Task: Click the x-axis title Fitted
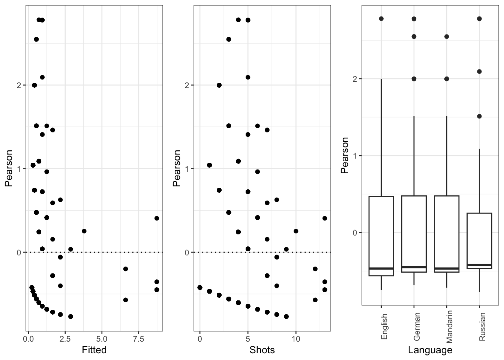(x=94, y=350)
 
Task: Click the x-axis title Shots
(x=262, y=350)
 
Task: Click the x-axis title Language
(x=430, y=350)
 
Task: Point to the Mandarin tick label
(x=450, y=326)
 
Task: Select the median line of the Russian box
(x=479, y=265)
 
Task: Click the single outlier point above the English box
(x=381, y=18)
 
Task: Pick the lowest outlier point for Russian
(x=479, y=116)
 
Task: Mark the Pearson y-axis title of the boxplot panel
(x=345, y=155)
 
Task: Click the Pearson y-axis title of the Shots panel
(x=177, y=168)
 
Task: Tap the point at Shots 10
(x=296, y=231)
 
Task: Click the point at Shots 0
(x=200, y=288)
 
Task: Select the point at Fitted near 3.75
(x=84, y=231)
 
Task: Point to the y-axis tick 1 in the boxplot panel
(x=355, y=156)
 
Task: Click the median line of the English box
(x=381, y=268)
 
